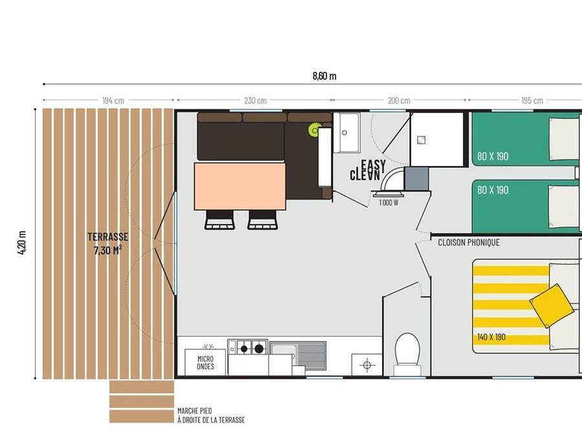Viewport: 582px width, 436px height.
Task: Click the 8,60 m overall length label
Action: coord(325,76)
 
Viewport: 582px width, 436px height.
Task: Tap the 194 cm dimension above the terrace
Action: coord(113,101)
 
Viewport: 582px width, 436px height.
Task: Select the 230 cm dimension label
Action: coord(255,101)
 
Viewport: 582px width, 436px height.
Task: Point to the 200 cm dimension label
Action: coord(399,101)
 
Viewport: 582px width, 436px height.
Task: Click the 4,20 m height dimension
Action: coord(22,242)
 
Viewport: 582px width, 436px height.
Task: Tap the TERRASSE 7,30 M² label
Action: coord(108,244)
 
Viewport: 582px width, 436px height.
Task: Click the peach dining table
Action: coord(240,186)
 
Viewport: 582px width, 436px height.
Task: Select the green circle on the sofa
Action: coord(315,130)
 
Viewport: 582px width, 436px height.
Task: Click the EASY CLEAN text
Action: coord(368,170)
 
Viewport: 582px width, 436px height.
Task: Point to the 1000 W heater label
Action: coord(389,202)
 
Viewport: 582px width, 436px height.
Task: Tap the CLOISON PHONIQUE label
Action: coord(469,242)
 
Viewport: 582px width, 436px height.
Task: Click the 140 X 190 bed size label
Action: coord(491,337)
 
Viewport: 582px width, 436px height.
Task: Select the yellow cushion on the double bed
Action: coord(552,306)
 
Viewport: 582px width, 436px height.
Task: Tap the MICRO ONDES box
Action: coord(205,362)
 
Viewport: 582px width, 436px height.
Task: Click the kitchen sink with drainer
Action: coord(297,355)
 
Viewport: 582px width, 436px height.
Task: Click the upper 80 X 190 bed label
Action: coord(493,156)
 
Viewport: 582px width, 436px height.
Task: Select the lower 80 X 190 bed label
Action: coord(493,190)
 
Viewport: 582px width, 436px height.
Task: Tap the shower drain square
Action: coord(421,140)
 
